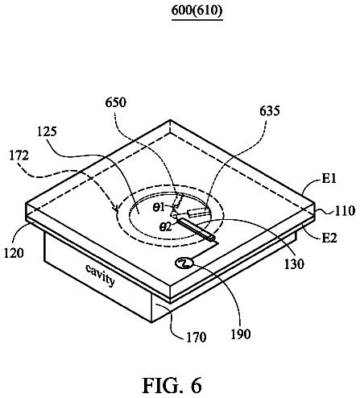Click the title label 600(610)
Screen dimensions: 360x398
[x=197, y=10]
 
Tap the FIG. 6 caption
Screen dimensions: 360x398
[x=172, y=385]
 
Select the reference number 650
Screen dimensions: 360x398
[x=115, y=102]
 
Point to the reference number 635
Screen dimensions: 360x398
[x=270, y=110]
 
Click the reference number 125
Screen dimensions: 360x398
[x=47, y=131]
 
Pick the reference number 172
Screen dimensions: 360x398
[x=19, y=155]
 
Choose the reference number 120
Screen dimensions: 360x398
[x=14, y=253]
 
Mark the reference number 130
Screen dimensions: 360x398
[x=294, y=264]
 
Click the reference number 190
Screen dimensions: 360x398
[x=241, y=334]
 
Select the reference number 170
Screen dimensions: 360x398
[x=197, y=338]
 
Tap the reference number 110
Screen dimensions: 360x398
[x=345, y=211]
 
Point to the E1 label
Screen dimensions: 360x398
[x=329, y=178]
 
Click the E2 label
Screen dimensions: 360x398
[x=329, y=238]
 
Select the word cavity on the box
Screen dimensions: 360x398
[x=101, y=276]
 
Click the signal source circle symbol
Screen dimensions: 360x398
[x=184, y=263]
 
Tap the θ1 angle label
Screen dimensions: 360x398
[x=159, y=207]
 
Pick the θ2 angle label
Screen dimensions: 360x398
[x=165, y=227]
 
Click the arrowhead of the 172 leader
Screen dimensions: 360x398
[x=116, y=208]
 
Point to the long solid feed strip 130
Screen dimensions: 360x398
[x=196, y=229]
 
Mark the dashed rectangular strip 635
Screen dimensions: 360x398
[x=197, y=212]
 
